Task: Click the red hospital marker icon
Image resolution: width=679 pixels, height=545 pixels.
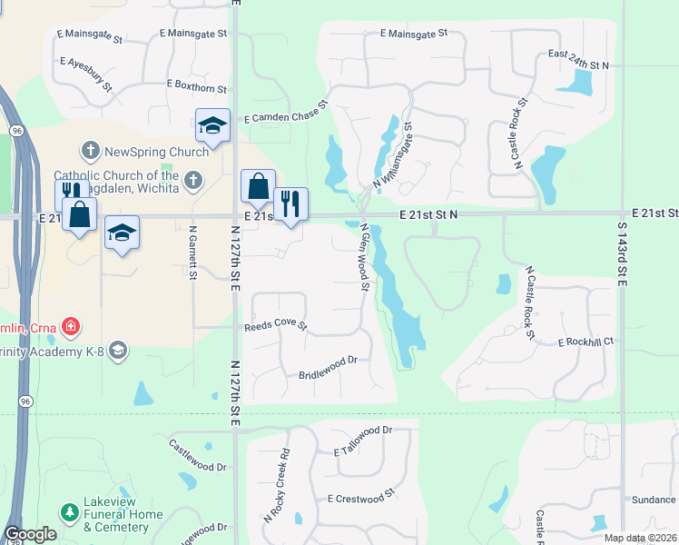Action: click(71, 326)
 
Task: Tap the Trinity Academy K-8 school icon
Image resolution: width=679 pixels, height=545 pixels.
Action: click(117, 350)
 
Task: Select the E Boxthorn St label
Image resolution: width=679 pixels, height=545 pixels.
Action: click(197, 87)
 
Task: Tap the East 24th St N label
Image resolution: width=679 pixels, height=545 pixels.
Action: click(578, 66)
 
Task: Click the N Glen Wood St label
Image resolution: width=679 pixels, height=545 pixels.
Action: click(363, 258)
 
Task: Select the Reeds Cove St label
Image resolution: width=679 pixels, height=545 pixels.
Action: click(276, 326)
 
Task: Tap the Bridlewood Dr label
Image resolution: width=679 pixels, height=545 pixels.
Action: click(329, 368)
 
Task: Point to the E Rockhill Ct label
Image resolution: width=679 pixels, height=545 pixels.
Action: click(586, 342)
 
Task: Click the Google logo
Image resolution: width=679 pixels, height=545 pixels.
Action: click(30, 534)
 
